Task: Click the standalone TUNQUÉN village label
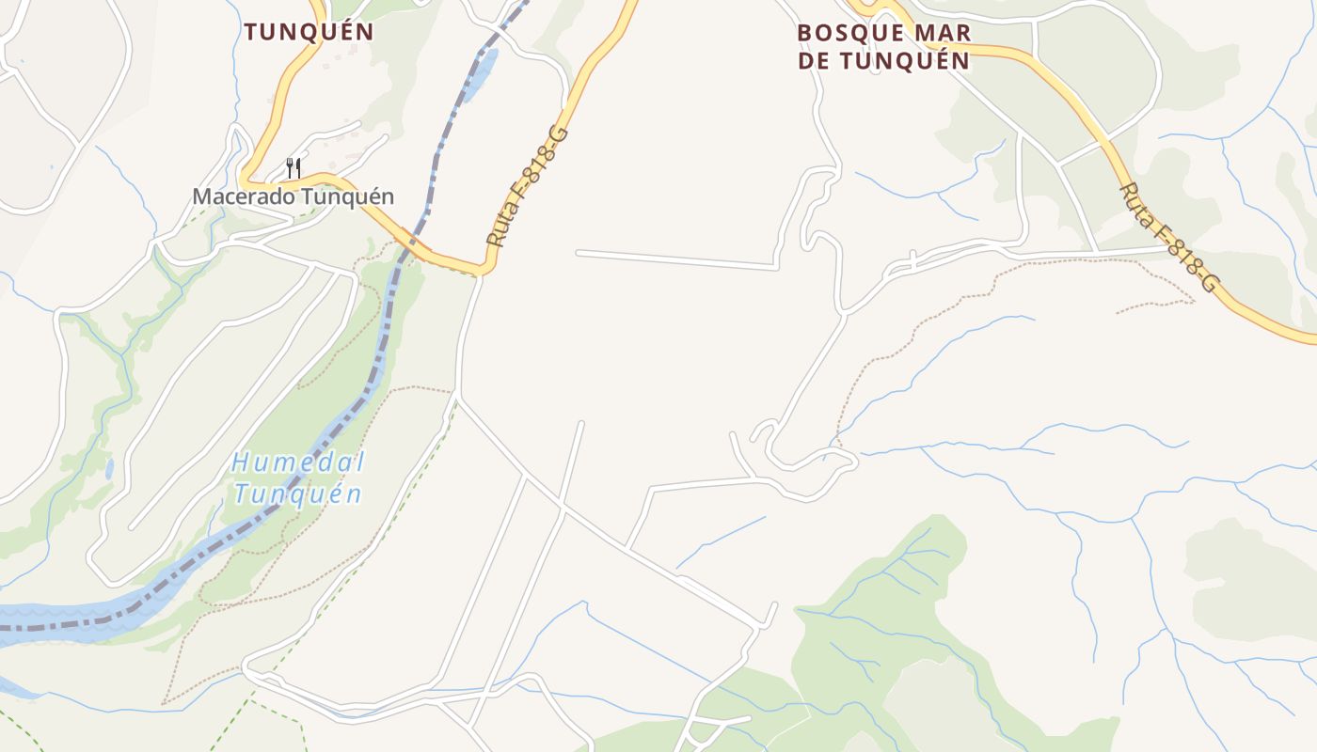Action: [x=309, y=31]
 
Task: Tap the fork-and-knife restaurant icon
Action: [x=294, y=169]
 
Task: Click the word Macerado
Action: [x=239, y=196]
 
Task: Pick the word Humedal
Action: [x=298, y=462]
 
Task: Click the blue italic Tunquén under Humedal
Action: [x=298, y=493]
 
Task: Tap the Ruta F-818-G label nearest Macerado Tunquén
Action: [x=528, y=186]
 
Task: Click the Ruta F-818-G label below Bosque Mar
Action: [x=1168, y=237]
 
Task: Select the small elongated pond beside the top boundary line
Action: [x=481, y=72]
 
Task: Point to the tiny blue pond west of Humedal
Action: [x=110, y=467]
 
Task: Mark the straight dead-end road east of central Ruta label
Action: [x=677, y=259]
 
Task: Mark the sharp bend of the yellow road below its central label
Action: [x=482, y=271]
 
